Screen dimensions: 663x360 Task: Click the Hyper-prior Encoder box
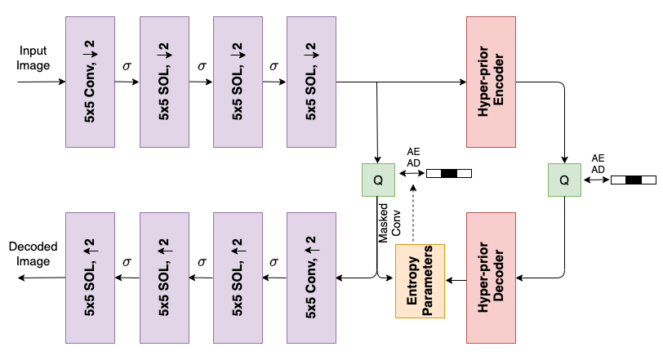pos(491,82)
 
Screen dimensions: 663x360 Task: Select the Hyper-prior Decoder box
pos(491,278)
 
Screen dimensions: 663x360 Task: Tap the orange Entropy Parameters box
pos(420,281)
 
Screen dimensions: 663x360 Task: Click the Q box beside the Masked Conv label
pos(378,180)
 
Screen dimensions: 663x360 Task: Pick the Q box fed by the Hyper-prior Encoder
pos(564,180)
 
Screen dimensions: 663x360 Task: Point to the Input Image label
pos(33,58)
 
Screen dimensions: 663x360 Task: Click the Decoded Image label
pos(33,254)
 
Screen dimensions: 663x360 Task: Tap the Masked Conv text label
pos(389,223)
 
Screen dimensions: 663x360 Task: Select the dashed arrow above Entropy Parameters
pos(413,214)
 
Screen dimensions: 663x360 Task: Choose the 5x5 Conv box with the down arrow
pos(90,82)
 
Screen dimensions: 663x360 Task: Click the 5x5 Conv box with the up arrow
pos(311,278)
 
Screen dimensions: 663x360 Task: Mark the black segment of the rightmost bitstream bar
pos(634,180)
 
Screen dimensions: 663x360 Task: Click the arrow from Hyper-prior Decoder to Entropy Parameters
pos(456,280)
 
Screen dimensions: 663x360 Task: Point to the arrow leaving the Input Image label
pos(42,82)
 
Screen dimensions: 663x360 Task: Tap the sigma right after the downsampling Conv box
pos(127,66)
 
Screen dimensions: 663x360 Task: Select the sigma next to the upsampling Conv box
pos(274,262)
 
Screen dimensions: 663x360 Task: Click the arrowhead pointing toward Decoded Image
pos(21,278)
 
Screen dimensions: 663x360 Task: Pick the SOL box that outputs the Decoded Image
pos(90,278)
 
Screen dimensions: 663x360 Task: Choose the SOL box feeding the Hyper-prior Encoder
pos(311,82)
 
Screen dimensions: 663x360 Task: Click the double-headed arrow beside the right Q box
pos(596,180)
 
